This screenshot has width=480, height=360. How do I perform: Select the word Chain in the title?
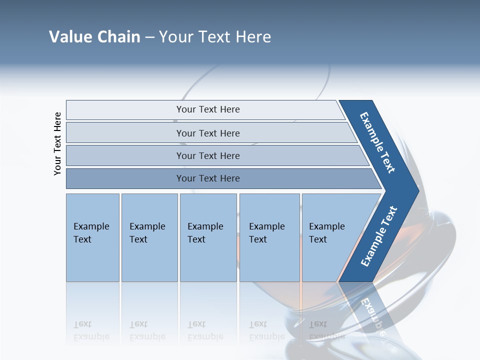(x=118, y=37)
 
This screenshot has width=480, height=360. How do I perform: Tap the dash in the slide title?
(x=149, y=37)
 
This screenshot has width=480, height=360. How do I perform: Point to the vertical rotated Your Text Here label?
(x=57, y=143)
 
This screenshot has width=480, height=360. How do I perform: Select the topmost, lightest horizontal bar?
(x=207, y=109)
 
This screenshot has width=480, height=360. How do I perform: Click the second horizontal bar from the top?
(x=207, y=133)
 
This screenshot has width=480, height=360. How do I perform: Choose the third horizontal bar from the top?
(x=207, y=155)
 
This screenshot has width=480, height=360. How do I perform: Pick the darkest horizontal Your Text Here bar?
(x=207, y=178)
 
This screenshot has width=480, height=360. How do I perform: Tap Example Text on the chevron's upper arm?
(x=378, y=142)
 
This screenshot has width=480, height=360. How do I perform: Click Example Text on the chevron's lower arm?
(x=378, y=236)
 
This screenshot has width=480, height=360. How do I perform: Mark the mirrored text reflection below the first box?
(x=91, y=330)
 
